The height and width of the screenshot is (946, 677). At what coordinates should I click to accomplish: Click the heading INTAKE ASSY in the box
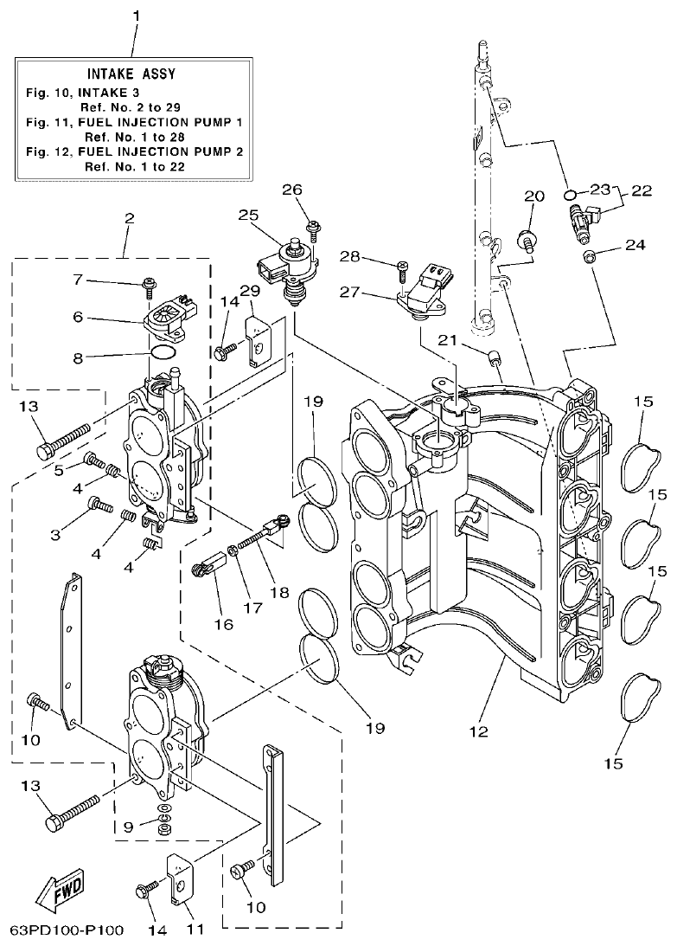point(132,74)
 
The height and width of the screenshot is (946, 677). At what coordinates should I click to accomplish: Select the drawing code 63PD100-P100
point(66,931)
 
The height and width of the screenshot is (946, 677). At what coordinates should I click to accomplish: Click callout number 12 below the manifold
point(477,732)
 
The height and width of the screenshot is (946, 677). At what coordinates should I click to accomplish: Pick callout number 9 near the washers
point(127,827)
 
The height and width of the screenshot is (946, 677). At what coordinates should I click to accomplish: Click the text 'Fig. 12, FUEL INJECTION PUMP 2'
point(132,152)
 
